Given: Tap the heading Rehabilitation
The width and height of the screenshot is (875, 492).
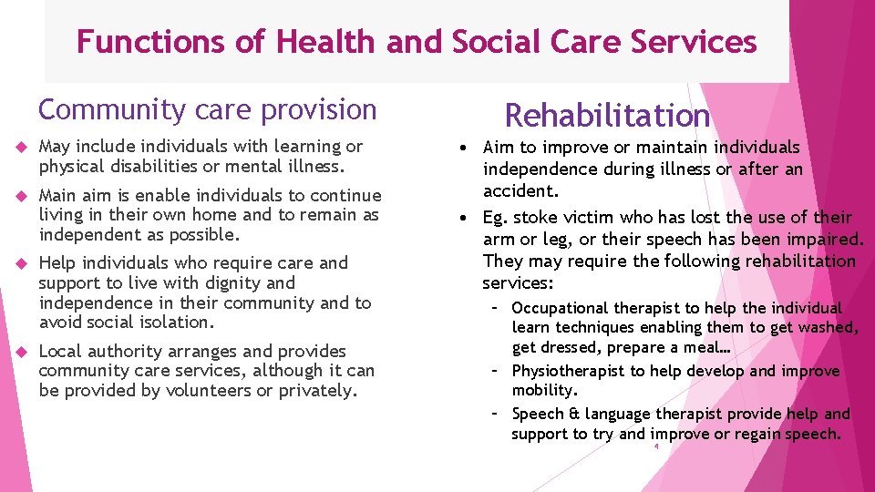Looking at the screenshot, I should point(607,116).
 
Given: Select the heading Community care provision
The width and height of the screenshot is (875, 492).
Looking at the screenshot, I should point(207,109).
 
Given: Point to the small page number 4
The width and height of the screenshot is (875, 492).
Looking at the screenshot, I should point(655,446).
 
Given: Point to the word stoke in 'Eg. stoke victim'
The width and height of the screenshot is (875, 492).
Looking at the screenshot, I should point(531,217).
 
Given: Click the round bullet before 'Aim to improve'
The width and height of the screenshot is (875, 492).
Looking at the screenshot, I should point(465,148).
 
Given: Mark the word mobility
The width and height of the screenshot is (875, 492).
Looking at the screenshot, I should point(544,390).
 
